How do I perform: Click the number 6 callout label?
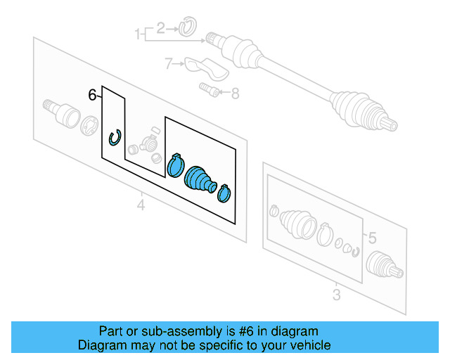92,95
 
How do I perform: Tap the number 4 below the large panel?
141,205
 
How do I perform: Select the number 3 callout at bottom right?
336,295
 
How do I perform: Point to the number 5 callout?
373,238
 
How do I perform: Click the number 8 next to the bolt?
234,92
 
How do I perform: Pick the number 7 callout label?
168,64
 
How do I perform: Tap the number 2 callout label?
160,28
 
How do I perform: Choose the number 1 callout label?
138,32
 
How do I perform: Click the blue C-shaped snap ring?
115,139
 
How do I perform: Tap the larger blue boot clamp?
175,164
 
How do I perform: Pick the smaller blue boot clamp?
224,191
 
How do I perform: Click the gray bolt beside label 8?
207,89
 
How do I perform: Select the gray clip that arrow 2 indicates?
186,28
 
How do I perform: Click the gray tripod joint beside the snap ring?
147,144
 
